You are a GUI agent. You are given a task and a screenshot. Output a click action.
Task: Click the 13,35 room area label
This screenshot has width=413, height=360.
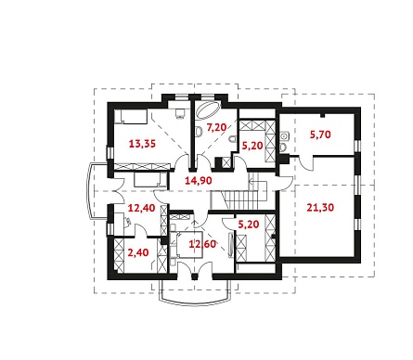[142, 144]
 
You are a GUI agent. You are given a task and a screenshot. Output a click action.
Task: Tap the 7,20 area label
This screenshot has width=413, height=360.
[216, 127]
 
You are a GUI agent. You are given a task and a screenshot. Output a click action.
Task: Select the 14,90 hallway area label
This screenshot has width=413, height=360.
[199, 180]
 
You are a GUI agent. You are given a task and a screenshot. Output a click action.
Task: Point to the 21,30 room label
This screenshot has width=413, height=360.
[320, 207]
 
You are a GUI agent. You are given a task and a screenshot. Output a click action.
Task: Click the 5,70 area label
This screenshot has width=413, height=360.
[320, 135]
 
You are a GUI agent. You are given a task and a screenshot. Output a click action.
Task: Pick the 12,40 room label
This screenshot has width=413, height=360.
[141, 208]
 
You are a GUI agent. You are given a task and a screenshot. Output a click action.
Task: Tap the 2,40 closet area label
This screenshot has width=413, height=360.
[138, 252]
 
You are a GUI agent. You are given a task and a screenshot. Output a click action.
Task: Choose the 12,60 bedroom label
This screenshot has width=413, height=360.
[202, 244]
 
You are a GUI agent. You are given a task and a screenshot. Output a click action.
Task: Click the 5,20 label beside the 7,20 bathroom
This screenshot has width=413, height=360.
[252, 146]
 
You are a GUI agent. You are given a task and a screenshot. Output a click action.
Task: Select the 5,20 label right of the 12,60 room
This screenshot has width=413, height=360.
[249, 225]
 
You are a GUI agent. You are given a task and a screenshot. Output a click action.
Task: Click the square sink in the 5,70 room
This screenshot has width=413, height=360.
[284, 135]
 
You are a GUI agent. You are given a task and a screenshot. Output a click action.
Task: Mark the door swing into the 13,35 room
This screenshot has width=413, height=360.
[182, 161]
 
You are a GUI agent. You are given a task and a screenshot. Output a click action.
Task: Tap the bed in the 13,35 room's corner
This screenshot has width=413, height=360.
[130, 117]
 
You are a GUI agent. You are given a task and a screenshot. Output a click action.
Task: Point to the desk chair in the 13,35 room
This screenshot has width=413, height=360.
[180, 114]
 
